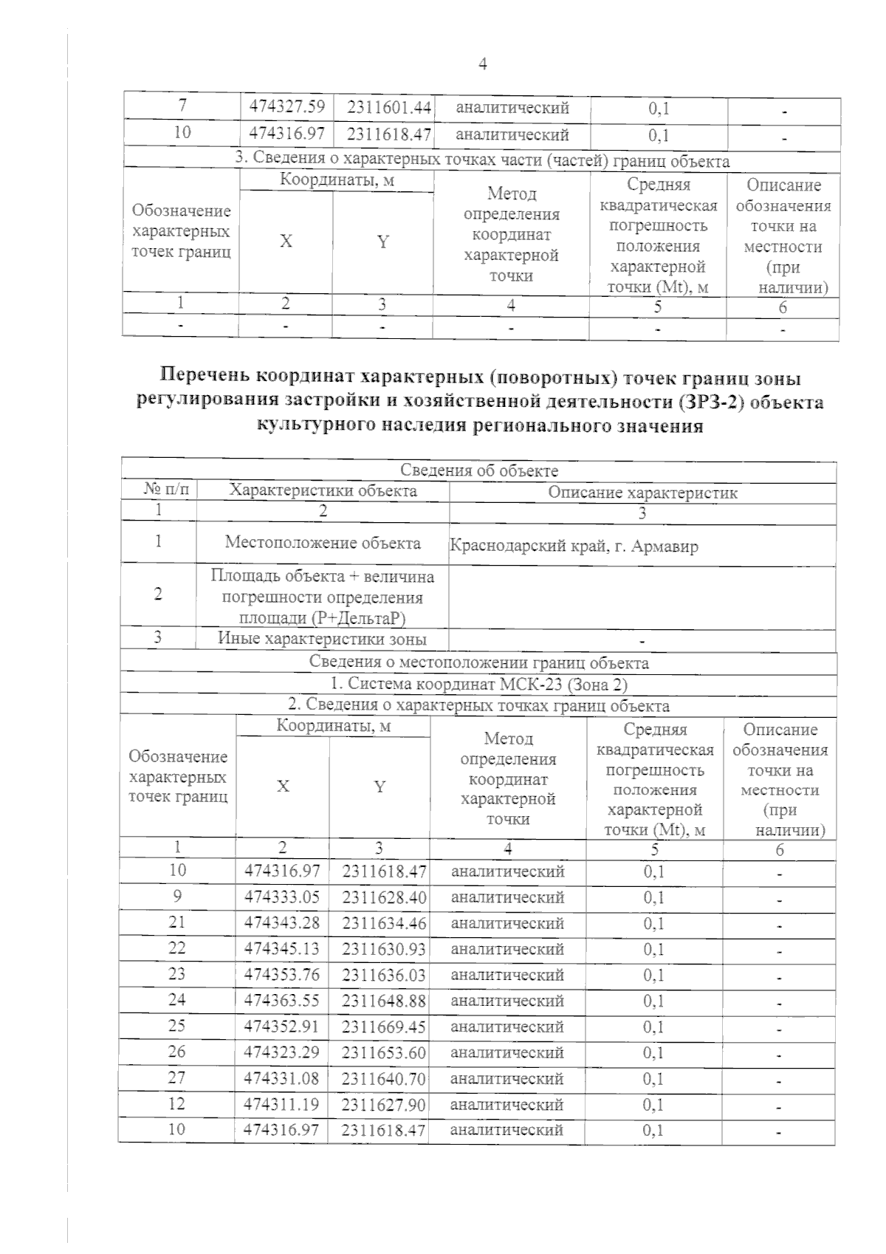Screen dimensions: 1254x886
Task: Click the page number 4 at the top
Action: (482, 65)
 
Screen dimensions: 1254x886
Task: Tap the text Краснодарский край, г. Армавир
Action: (574, 547)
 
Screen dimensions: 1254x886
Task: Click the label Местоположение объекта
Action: (323, 543)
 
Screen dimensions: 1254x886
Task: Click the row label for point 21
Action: (177, 922)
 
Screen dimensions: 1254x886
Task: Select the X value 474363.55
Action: (282, 1001)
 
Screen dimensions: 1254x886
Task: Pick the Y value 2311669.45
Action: (384, 1027)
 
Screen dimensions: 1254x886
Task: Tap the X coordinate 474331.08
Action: (282, 1078)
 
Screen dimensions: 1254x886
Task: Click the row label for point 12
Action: (177, 1103)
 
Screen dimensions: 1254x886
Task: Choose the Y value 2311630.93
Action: (384, 949)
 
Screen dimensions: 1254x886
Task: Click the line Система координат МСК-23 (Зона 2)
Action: (478, 684)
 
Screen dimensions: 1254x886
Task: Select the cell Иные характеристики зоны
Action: (322, 639)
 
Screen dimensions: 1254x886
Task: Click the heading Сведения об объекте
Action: (478, 470)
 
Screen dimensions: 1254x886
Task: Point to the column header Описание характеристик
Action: (642, 492)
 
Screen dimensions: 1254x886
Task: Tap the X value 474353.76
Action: (282, 975)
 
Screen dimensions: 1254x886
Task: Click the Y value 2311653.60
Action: (384, 1052)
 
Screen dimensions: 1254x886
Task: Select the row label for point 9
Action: (177, 896)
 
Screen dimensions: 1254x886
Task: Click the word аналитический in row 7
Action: (512, 108)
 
